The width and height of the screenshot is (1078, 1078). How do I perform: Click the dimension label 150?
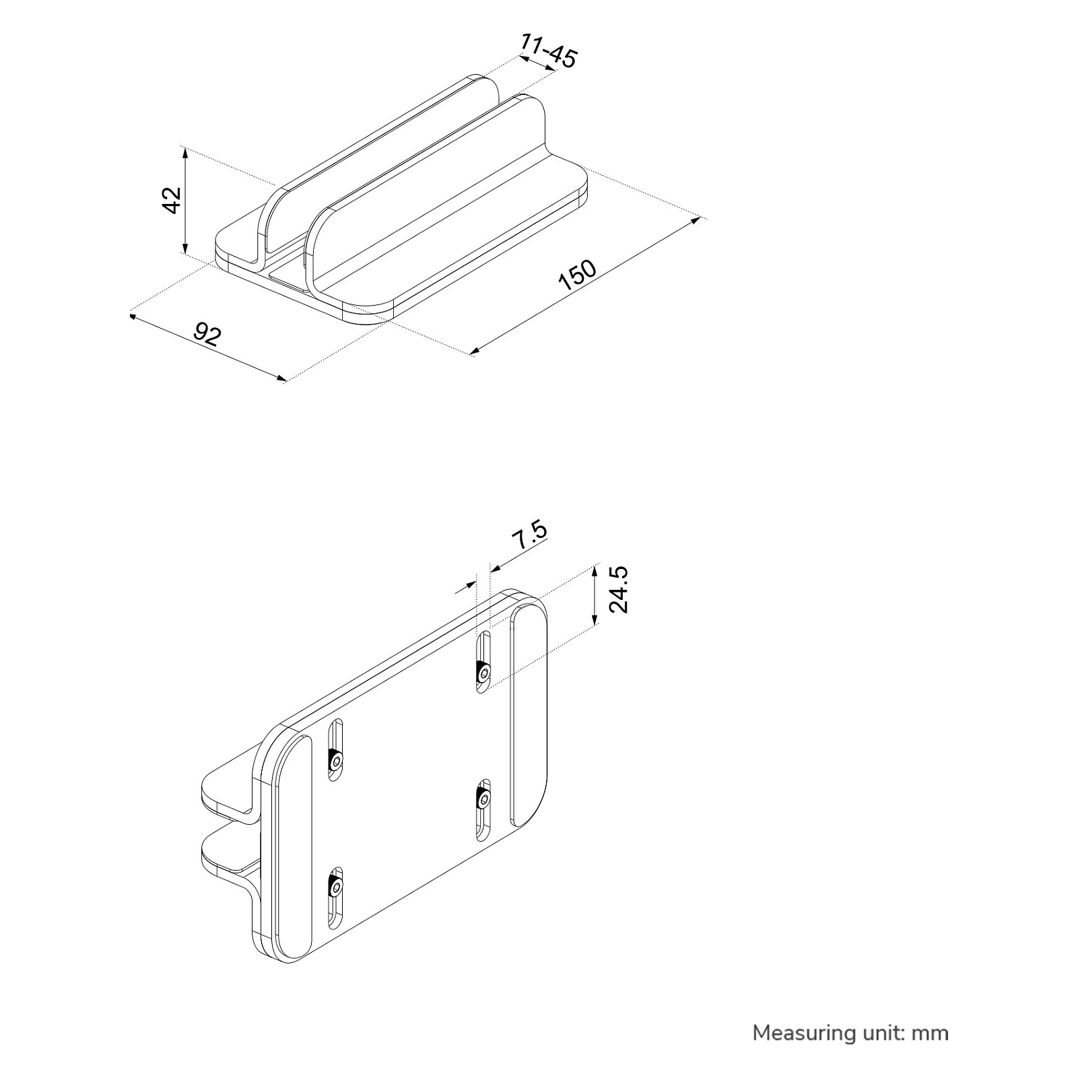coord(578,275)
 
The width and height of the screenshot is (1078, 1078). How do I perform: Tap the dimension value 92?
coord(207,334)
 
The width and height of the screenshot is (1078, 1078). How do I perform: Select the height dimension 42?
coord(172,200)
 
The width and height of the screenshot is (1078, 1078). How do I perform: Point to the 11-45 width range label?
coord(549,51)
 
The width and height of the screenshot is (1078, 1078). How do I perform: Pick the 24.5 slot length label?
coord(617,589)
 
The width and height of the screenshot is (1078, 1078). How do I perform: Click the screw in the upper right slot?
coord(483,671)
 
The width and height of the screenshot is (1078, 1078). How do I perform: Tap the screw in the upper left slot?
coord(335,761)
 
